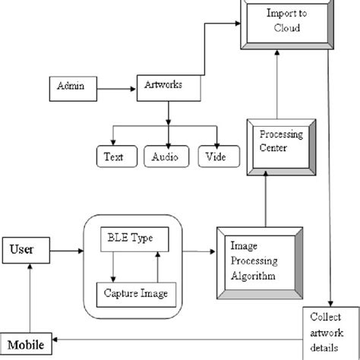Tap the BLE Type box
click(x=131, y=238)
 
